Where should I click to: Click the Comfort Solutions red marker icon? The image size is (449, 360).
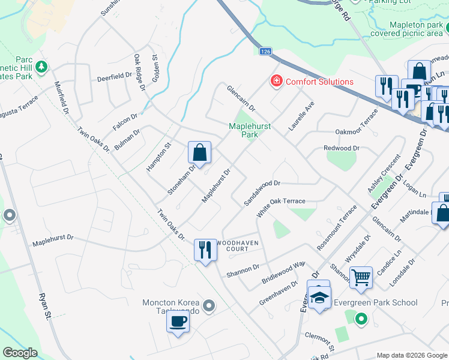pyautogui.click(x=276, y=81)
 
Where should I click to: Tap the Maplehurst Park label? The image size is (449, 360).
pyautogui.click(x=243, y=130)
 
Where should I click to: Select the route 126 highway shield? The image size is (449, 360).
pyautogui.click(x=265, y=52)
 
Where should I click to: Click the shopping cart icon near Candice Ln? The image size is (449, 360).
pyautogui.click(x=361, y=277)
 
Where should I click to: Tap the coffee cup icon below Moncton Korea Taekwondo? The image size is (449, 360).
pyautogui.click(x=178, y=322)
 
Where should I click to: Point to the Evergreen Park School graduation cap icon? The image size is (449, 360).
pyautogui.click(x=319, y=297)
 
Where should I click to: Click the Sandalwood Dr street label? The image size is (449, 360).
pyautogui.click(x=262, y=193)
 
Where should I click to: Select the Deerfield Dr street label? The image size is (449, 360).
pyautogui.click(x=114, y=77)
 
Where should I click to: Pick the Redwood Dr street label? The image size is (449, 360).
pyautogui.click(x=341, y=148)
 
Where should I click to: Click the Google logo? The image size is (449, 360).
pyautogui.click(x=20, y=353)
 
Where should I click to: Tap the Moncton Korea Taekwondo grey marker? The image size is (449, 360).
pyautogui.click(x=209, y=307)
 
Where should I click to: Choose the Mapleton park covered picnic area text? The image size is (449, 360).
pyautogui.click(x=406, y=29)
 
